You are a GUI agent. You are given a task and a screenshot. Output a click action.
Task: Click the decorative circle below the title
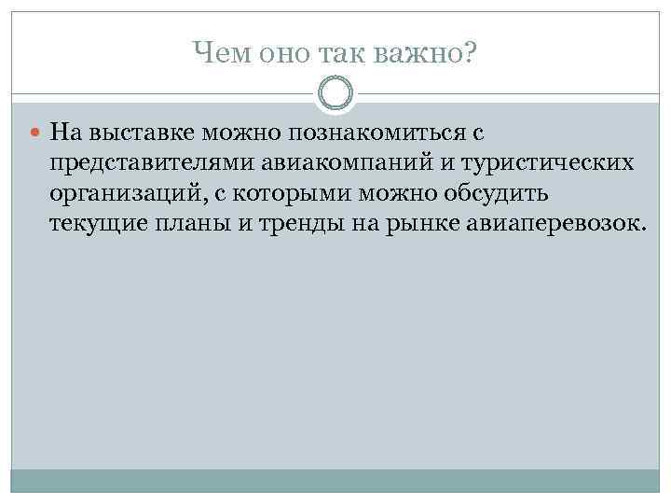(335, 93)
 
